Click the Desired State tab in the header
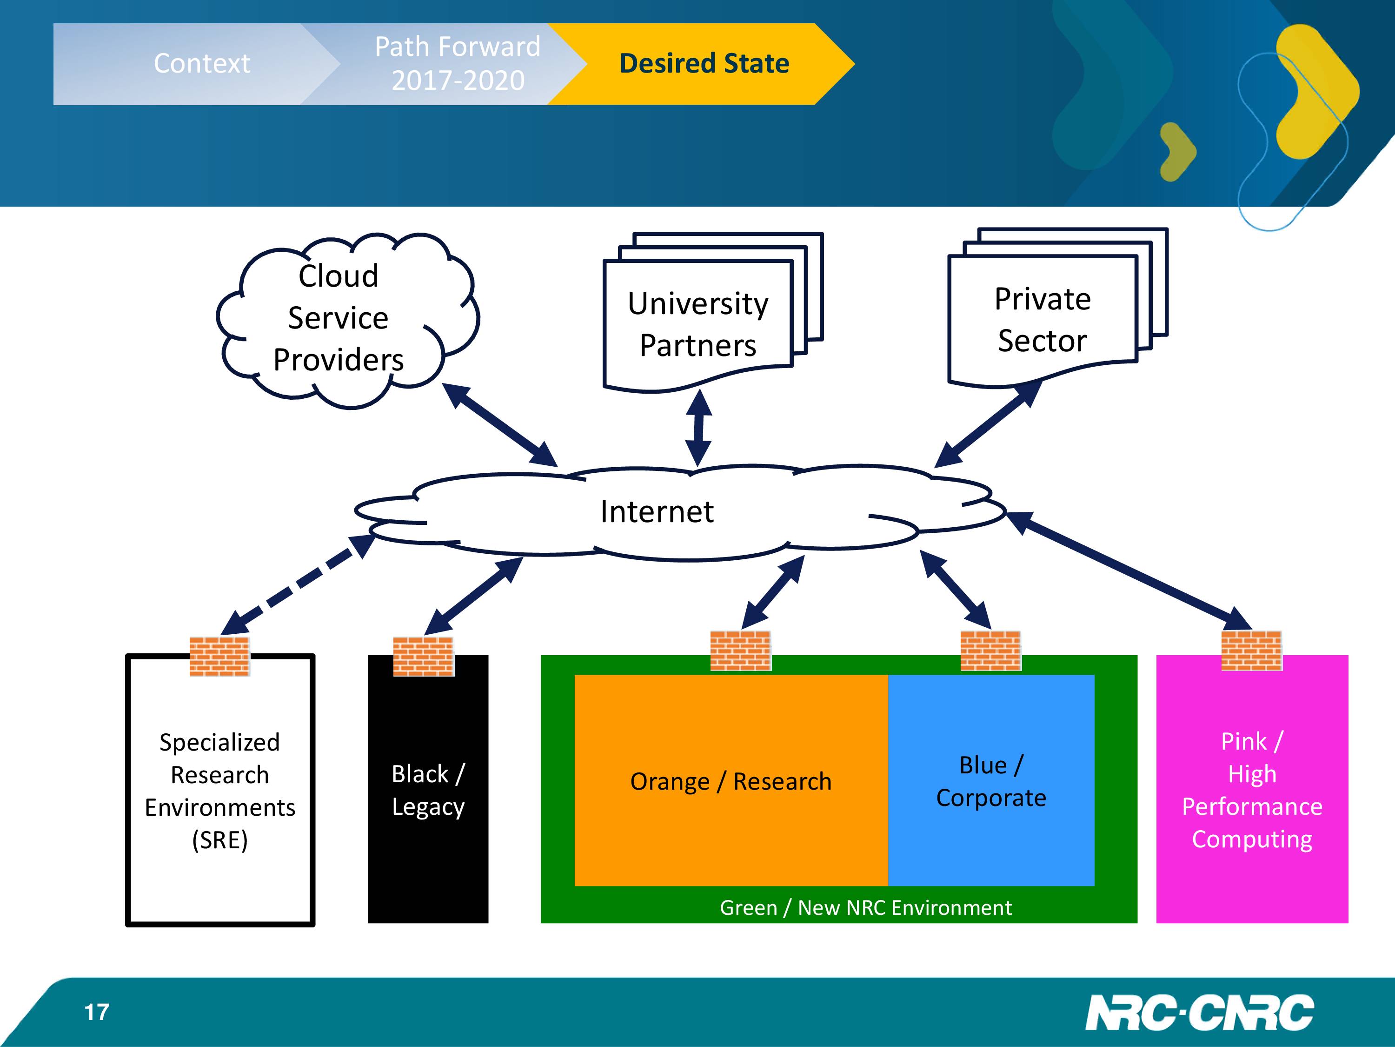pyautogui.click(x=704, y=64)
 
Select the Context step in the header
pyautogui.click(x=202, y=64)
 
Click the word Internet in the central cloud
pyautogui.click(x=657, y=511)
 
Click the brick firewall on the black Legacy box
pyautogui.click(x=423, y=656)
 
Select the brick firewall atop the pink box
pyautogui.click(x=1251, y=650)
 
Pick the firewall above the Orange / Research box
pyautogui.click(x=740, y=650)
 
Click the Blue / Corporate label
pyautogui.click(x=991, y=781)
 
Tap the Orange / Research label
pyautogui.click(x=731, y=781)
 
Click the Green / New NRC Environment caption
pyautogui.click(x=865, y=907)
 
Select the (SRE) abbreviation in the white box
pyautogui.click(x=219, y=840)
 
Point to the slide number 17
pyautogui.click(x=97, y=1012)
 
